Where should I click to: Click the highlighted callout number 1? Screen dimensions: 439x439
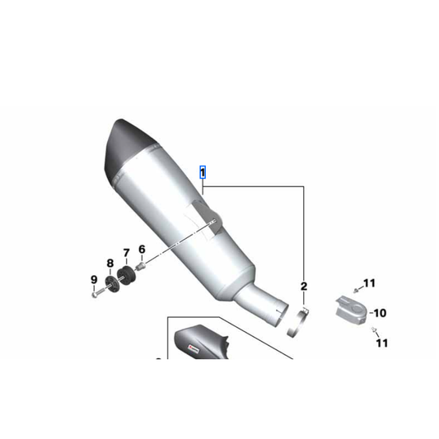203,172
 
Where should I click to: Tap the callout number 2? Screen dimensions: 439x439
303,286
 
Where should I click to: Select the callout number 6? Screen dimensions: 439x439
141,249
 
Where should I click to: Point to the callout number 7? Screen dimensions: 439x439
126,253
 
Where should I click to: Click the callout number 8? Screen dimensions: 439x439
110,263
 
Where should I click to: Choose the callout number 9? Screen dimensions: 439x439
94,279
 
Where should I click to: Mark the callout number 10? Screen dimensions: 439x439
379,313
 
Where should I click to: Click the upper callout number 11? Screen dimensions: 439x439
369,283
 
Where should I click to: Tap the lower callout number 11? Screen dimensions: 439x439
381,343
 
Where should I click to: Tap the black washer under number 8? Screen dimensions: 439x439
111,284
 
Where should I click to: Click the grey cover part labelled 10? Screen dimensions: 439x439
349,308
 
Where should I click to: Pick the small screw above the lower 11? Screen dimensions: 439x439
373,329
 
